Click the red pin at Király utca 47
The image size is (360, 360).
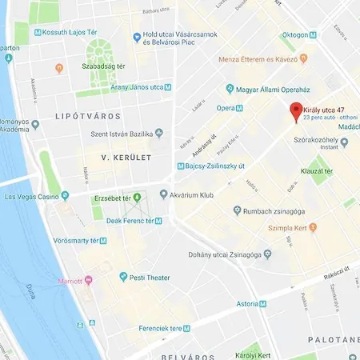(295, 112)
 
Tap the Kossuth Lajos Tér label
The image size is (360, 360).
(70, 32)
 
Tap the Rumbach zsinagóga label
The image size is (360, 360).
(275, 211)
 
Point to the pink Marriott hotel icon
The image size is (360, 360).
(88, 281)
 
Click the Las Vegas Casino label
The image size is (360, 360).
(32, 196)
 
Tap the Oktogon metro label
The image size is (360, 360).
(295, 34)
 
